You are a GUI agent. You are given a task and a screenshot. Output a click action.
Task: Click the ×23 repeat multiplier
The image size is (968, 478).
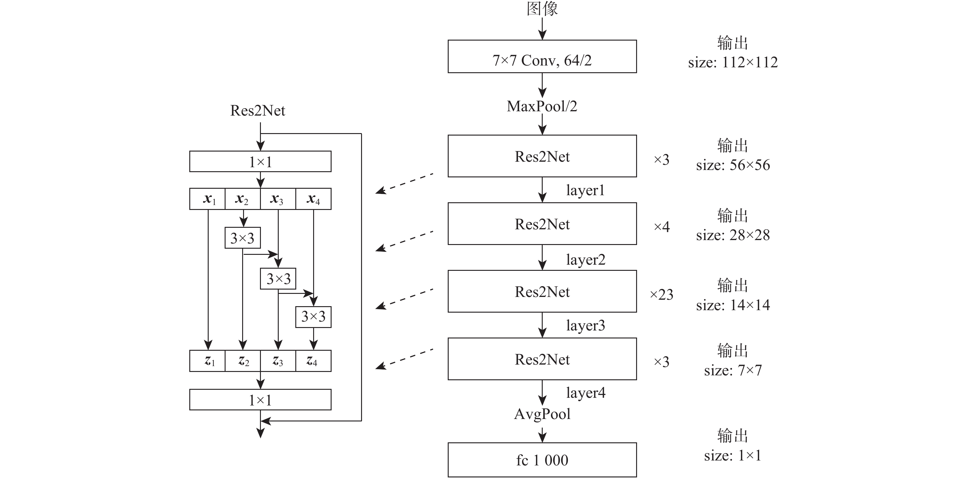661,294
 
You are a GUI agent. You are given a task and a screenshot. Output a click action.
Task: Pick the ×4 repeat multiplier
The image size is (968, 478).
661,227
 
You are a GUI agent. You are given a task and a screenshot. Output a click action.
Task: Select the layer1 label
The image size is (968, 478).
585,190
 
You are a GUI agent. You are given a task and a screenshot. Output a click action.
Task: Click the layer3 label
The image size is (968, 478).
585,326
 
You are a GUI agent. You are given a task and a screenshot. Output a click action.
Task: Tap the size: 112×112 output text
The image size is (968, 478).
733,62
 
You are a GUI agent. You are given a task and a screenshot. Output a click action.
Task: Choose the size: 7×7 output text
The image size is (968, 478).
733,370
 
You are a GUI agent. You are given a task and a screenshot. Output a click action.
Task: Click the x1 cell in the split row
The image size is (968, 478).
208,199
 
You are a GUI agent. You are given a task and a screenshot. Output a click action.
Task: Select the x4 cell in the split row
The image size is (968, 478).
313,199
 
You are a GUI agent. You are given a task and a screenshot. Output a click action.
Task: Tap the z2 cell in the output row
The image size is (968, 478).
243,361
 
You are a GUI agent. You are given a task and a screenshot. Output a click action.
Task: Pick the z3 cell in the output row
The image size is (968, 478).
278,361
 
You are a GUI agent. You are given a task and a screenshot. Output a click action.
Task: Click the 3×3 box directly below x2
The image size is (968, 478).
242,238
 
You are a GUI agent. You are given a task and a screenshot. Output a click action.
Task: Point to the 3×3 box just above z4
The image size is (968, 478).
313,317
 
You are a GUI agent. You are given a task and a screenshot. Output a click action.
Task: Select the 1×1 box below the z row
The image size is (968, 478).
260,400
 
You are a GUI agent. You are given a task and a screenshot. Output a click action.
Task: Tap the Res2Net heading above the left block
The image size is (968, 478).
258,110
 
